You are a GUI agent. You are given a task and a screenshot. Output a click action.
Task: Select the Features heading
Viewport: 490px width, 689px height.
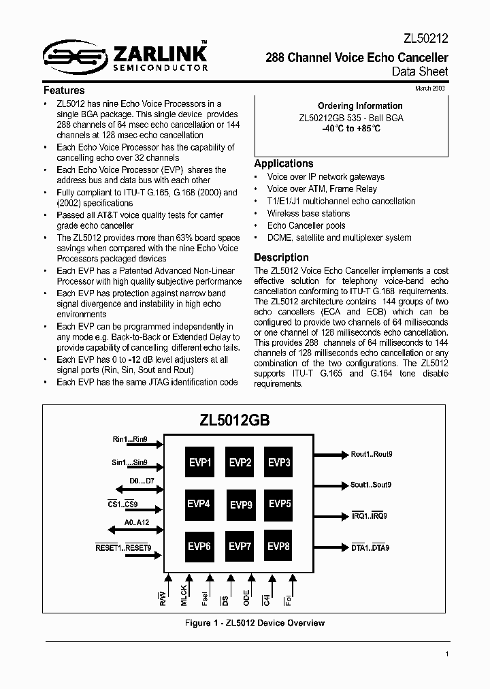tap(64, 90)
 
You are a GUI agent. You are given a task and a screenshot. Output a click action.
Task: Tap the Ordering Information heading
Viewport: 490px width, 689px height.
tap(360, 106)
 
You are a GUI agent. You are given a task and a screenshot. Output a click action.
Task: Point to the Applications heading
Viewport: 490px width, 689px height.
tap(284, 163)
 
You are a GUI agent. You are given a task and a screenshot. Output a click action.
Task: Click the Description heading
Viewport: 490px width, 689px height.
tap(281, 257)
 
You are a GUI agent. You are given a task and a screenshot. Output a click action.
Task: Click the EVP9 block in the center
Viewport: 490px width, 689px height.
tap(240, 504)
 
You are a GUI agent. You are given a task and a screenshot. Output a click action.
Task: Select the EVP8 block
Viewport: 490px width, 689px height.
tap(279, 546)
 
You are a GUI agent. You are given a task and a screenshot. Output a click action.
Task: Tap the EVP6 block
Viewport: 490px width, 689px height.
tap(200, 546)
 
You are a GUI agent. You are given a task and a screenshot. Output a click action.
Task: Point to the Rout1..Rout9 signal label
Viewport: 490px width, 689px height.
tap(372, 454)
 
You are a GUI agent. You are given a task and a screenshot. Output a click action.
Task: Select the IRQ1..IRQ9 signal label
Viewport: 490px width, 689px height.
tap(369, 516)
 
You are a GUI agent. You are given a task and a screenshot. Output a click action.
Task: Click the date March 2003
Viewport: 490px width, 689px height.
tap(431, 89)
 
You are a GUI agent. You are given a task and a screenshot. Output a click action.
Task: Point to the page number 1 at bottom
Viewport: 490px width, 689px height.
tap(447, 655)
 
